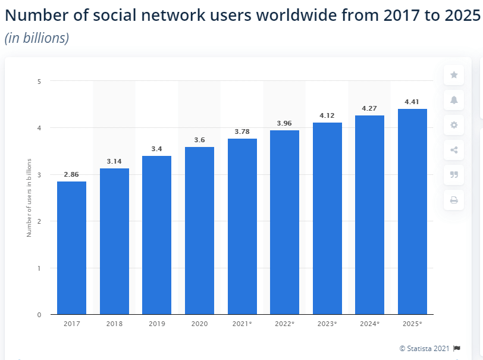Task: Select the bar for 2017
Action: [x=71, y=248]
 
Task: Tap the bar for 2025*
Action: [x=412, y=211]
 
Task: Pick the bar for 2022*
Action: [x=284, y=222]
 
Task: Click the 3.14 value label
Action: [x=114, y=161]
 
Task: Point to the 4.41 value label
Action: [x=412, y=102]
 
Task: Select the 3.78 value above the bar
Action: [x=242, y=132]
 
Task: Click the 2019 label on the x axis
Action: [x=156, y=323]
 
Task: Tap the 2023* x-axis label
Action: [x=327, y=323]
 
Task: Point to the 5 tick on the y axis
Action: [x=39, y=81]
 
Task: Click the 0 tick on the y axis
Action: [x=39, y=315]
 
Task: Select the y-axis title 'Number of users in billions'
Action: [x=29, y=198]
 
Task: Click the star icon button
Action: [x=454, y=75]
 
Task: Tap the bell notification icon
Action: [x=454, y=100]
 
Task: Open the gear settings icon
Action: [x=454, y=125]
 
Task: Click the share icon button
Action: [x=454, y=150]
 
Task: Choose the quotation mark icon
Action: [x=454, y=175]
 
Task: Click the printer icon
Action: [x=454, y=200]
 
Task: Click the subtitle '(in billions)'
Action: [x=37, y=38]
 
